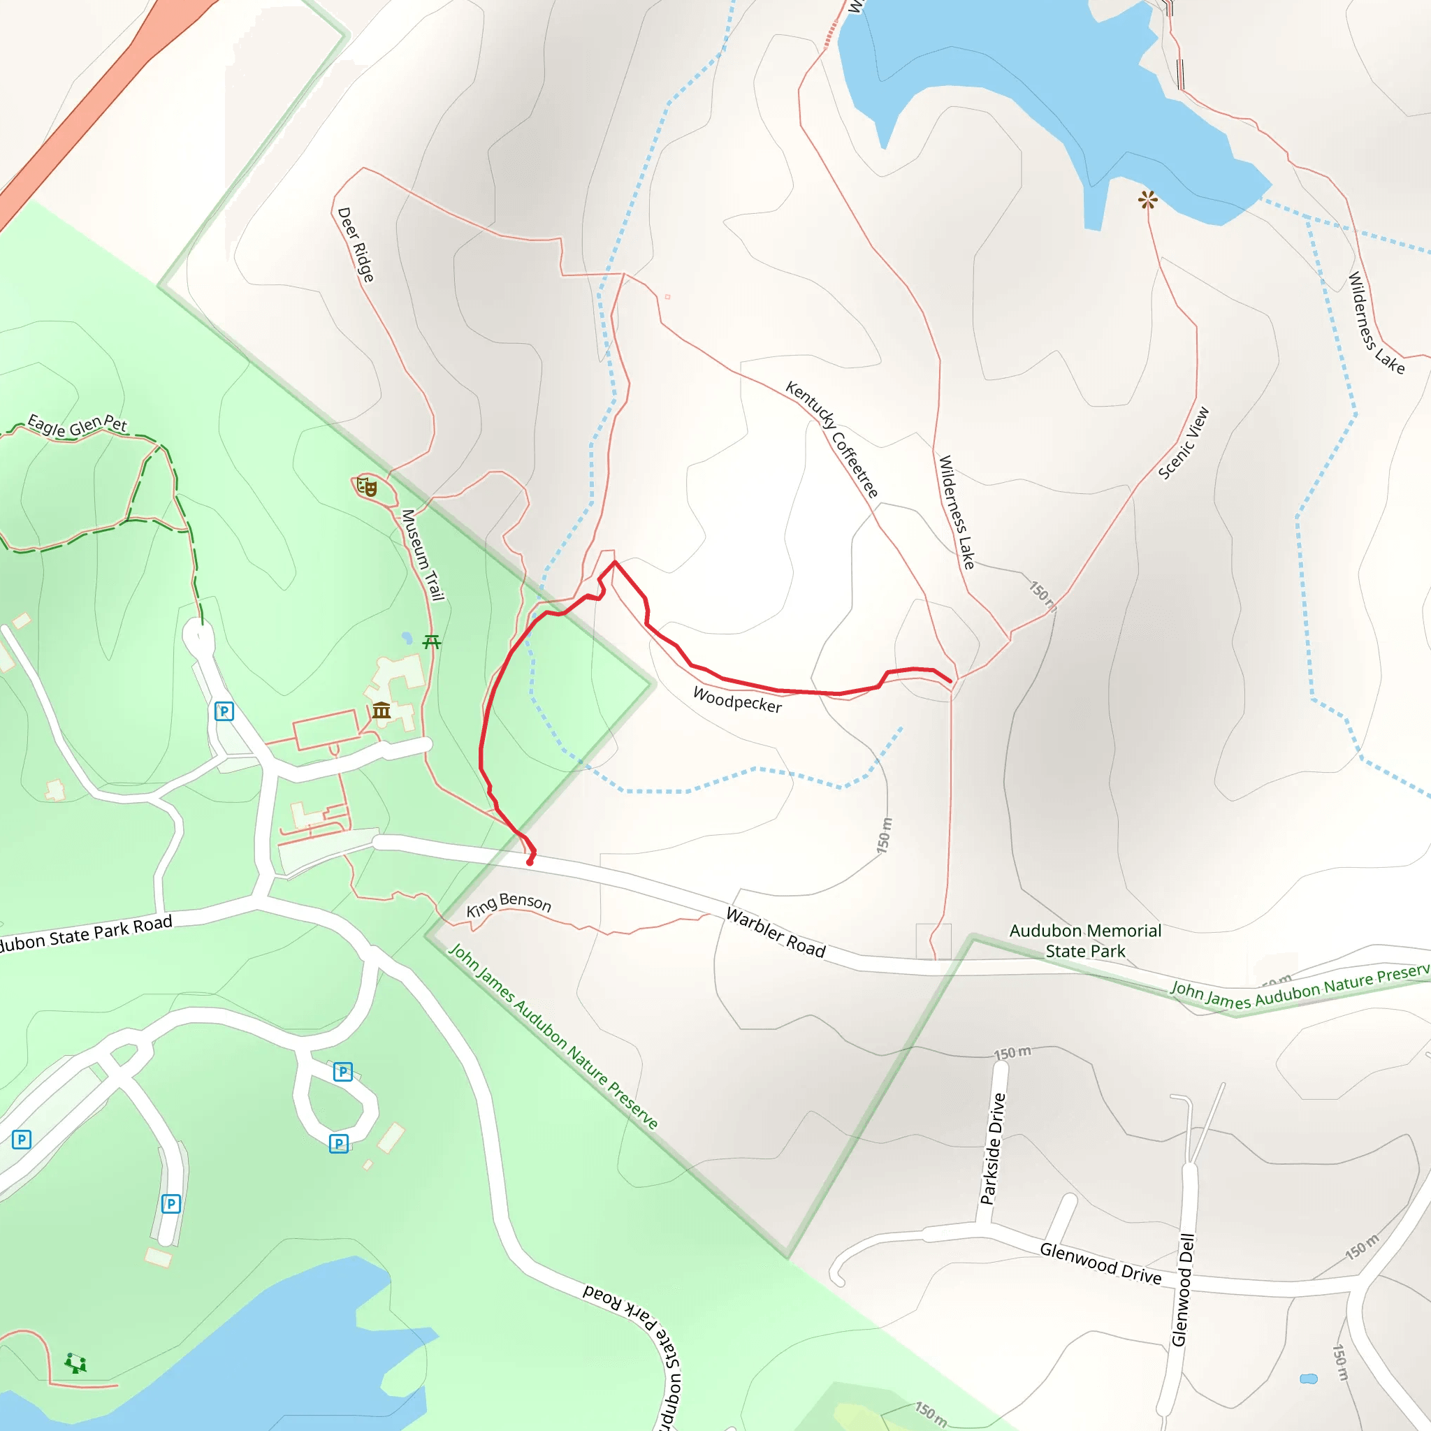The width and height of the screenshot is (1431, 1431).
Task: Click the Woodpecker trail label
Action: pos(737,699)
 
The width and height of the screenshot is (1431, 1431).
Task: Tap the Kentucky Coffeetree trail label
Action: pos(831,440)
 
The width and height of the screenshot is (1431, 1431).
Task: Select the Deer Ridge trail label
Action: pos(356,245)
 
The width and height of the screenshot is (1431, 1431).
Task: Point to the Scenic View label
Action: pos(1184,443)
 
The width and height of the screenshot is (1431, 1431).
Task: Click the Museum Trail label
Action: pos(423,555)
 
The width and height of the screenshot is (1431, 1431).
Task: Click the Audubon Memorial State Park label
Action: pos(1085,940)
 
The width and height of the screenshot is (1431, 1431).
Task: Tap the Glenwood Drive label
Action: pos(1101,1262)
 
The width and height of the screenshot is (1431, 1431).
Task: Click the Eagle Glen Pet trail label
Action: pos(78,425)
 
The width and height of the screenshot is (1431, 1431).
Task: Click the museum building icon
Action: pos(382,711)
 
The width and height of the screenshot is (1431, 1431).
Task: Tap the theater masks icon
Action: pos(367,486)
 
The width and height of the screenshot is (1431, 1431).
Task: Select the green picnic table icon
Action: pos(432,641)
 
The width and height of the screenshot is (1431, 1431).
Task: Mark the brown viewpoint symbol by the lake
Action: pos(1147,199)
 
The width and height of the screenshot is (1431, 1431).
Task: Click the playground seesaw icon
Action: pos(75,1363)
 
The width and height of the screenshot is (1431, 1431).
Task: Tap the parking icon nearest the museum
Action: pos(224,711)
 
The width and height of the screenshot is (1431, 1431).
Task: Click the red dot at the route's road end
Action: pos(530,862)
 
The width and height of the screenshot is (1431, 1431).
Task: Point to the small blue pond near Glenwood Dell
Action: pos(1309,1379)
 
